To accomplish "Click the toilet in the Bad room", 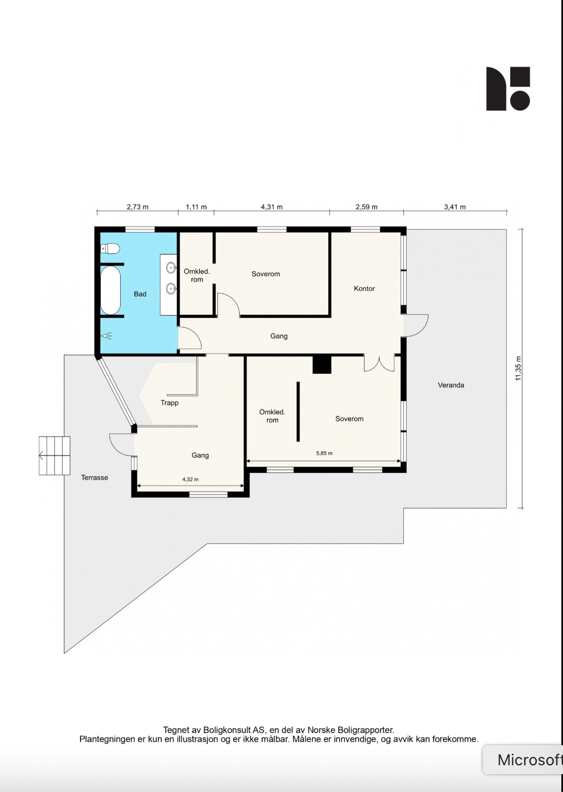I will pos(111,248).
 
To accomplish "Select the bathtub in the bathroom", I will pos(110,290).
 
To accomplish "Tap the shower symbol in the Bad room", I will pos(106,336).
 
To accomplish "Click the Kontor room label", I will pos(364,289).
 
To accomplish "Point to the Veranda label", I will pos(451,385).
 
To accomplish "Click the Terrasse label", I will pos(95,477).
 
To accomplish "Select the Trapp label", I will pos(170,403).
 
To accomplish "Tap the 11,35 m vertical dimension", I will pos(518,368).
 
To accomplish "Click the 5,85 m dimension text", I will pos(324,453).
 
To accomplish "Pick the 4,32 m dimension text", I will pos(190,479).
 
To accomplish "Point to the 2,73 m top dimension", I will pos(137,207).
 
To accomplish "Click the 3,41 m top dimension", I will pos(455,207).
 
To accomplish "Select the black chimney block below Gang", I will pos(322,365).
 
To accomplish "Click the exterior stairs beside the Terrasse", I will pos(55,456).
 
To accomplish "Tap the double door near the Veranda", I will pos(379,363).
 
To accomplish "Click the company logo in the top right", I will pos(508,89).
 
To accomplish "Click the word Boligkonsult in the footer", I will pos(227,730).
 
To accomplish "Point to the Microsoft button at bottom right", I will pos(526,760).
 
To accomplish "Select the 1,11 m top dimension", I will pos(196,207).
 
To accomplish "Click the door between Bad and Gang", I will pos(189,339).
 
